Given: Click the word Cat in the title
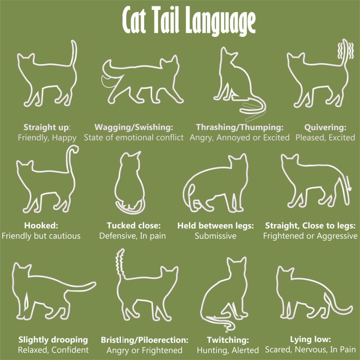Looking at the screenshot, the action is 134,20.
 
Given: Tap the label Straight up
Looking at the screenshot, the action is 46,127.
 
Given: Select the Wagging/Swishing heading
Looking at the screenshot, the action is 134,127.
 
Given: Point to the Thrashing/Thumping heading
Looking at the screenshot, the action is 240,127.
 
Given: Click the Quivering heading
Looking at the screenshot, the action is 325,127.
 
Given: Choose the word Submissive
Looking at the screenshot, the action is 216,236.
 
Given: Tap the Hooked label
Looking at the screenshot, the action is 41,225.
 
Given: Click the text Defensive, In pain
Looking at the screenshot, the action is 133,236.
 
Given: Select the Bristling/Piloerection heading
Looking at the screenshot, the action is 145,340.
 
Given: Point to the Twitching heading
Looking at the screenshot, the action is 228,340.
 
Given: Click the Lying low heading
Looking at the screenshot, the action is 311,339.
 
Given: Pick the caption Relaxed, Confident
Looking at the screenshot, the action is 53,350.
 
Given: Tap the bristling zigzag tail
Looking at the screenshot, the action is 120,263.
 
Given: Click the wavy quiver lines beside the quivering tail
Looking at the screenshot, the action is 346,51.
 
